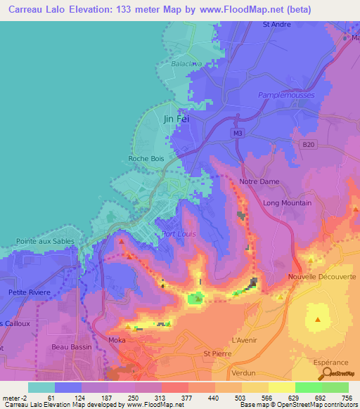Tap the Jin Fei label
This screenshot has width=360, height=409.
point(176,119)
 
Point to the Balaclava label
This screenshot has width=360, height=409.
point(186,63)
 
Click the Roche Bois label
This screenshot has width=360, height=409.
point(146,159)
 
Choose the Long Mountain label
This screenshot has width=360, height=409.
point(287,203)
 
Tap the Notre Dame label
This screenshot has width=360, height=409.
point(259,181)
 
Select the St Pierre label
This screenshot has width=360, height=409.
point(217,353)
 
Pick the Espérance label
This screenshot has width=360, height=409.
point(330,363)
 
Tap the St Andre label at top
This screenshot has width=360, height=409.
point(276,24)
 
